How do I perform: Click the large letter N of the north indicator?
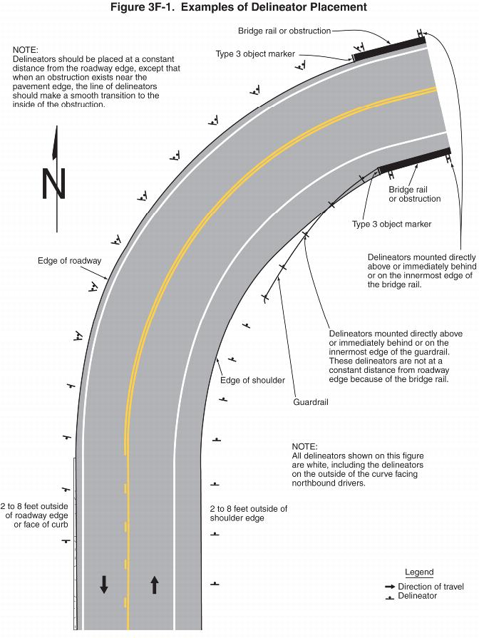coord(54,184)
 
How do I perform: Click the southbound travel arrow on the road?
coord(104,585)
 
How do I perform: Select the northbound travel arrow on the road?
coord(155,585)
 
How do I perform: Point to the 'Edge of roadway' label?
coord(69,261)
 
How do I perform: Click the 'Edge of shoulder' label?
coord(252,380)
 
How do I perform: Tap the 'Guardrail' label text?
coord(310,402)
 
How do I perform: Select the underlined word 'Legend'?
coord(419,572)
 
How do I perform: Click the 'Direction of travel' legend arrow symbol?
coord(389,587)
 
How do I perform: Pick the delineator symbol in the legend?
coord(389,597)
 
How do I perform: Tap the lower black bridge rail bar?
coord(414,160)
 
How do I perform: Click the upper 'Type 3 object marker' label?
coord(255,54)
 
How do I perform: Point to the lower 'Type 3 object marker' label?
coord(391,225)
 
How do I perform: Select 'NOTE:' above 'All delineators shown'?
coord(305,446)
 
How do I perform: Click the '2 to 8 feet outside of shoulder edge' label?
coord(248,513)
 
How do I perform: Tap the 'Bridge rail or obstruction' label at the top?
coord(284,31)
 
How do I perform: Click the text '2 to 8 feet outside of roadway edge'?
coord(36,510)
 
